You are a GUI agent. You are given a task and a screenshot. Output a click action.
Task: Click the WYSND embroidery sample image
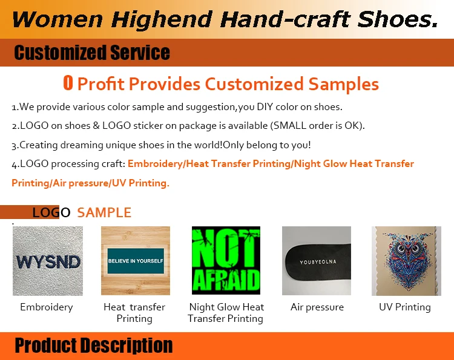(48, 261)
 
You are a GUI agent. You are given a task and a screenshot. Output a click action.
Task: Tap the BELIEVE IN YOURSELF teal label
(136, 261)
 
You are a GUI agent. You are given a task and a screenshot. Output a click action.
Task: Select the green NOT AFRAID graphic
(226, 260)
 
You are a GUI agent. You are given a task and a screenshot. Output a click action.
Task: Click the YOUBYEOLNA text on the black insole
(318, 262)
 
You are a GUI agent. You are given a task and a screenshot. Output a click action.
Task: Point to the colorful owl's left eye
(401, 248)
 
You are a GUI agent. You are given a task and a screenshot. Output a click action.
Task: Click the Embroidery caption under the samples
(47, 307)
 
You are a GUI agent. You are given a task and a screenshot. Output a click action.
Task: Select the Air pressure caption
(317, 307)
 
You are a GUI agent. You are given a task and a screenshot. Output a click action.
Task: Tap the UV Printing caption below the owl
(405, 307)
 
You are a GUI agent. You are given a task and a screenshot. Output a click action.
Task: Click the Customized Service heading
(92, 53)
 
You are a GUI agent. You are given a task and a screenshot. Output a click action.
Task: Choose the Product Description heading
(93, 345)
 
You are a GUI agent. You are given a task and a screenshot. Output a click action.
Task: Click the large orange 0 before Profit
(68, 83)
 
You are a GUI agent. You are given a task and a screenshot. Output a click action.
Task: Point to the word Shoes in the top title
(397, 19)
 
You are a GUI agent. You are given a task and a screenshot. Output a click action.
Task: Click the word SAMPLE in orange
(104, 212)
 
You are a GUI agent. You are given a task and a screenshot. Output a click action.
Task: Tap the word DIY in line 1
(265, 106)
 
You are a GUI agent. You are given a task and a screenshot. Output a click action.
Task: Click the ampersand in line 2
(96, 126)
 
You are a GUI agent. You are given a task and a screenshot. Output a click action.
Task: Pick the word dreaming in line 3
(82, 145)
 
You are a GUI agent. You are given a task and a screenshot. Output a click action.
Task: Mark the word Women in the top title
(58, 19)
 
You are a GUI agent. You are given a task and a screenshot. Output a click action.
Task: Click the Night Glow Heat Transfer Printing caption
(226, 313)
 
